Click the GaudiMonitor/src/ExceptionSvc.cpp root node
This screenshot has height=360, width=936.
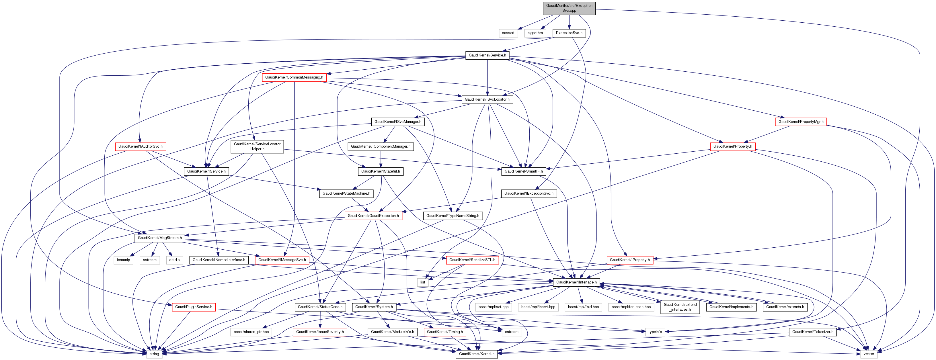tap(569, 8)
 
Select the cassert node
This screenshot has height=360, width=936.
tap(508, 33)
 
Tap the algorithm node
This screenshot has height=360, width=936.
tap(535, 33)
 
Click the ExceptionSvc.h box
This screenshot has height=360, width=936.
tap(569, 33)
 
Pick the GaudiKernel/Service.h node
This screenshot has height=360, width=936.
tap(487, 55)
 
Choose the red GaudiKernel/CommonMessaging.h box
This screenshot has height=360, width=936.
tap(294, 77)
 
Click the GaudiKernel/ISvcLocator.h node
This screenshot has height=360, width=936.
tap(487, 99)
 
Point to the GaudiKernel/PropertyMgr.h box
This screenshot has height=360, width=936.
tap(801, 122)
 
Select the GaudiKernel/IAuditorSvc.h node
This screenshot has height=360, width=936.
tap(140, 146)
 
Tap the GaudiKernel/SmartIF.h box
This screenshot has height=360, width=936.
tap(524, 171)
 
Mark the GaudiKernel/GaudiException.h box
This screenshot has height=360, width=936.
tap(373, 216)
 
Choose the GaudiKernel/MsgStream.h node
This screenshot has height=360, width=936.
tap(160, 238)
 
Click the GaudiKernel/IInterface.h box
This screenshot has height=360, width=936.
tap(576, 282)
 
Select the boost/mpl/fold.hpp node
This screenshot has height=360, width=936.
tap(583, 307)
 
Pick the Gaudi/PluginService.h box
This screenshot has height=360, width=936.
tap(194, 307)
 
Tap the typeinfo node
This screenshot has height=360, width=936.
tap(655, 332)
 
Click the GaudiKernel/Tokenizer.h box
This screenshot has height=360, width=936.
tap(813, 332)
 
